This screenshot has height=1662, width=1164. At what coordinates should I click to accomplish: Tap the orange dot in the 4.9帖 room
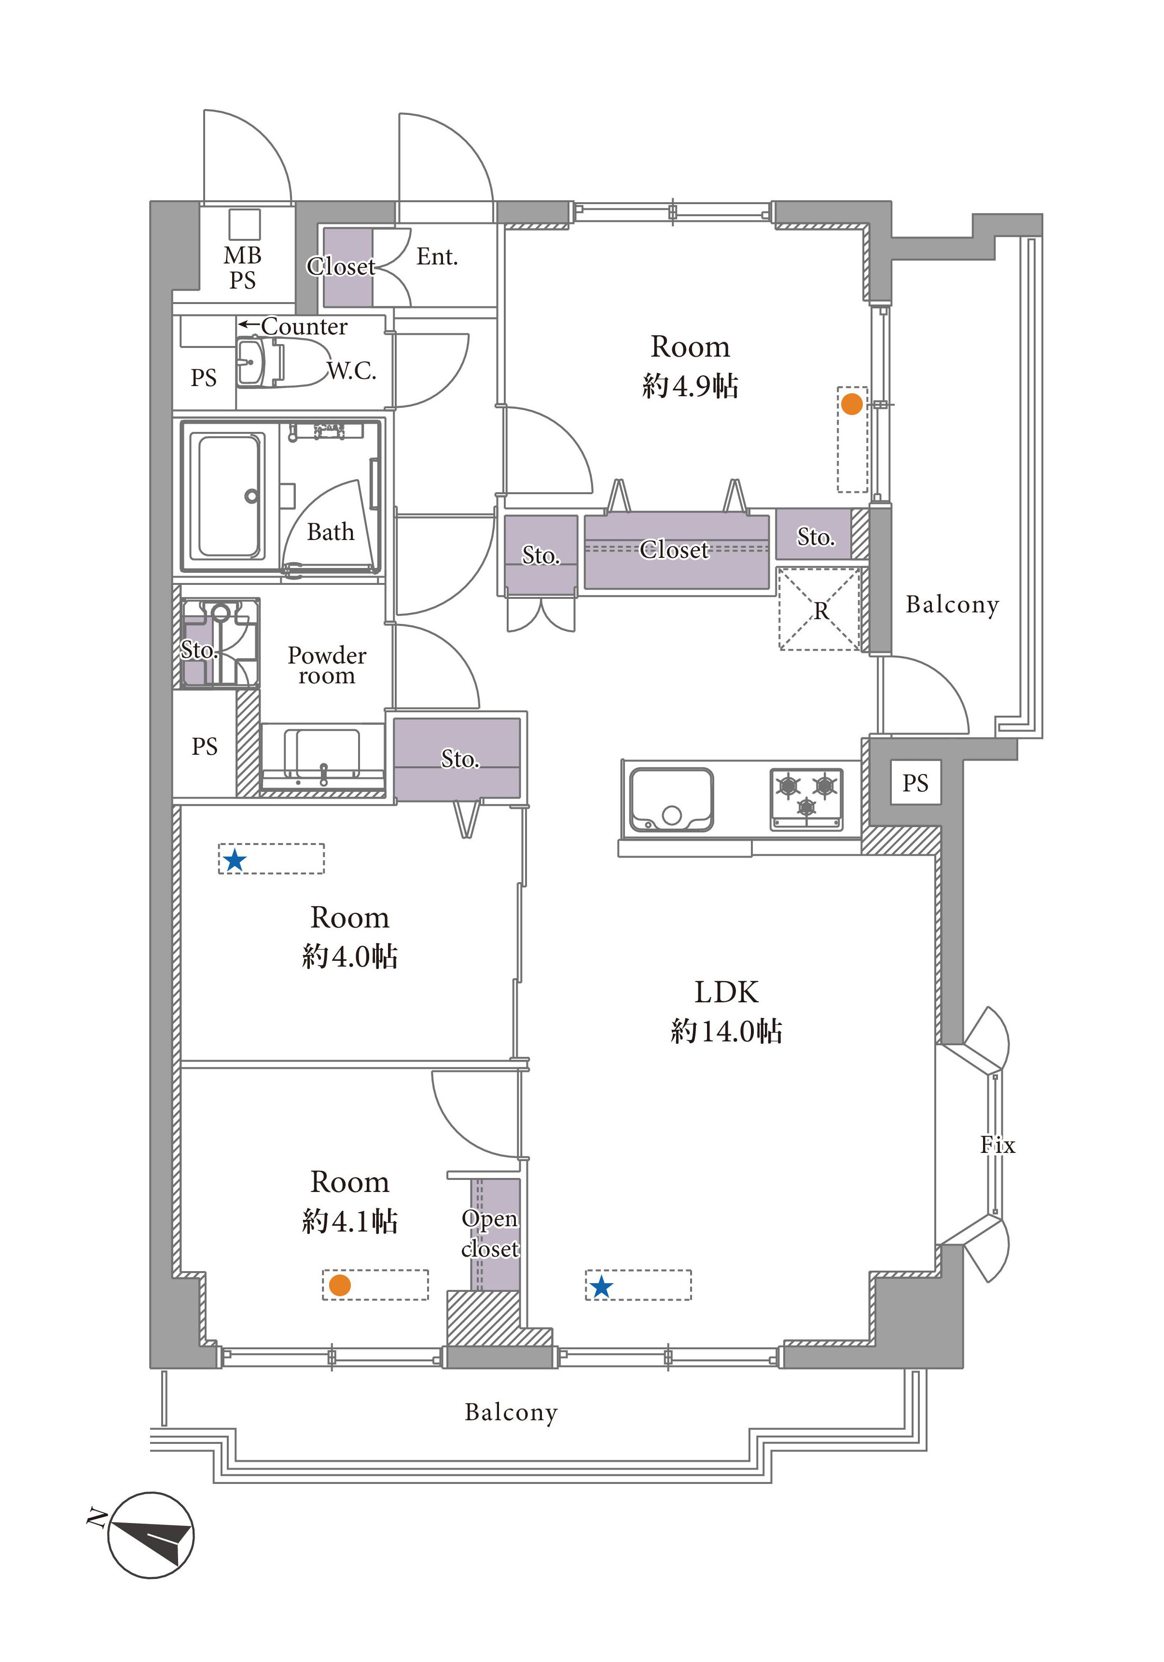852,404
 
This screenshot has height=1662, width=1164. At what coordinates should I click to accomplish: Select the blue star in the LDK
601,1287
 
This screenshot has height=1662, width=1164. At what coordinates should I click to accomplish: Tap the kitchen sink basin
671,800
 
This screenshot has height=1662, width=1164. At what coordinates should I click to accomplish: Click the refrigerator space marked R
819,609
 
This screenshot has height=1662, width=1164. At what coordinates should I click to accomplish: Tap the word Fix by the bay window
998,1145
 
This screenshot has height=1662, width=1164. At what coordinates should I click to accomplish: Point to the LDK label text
727,992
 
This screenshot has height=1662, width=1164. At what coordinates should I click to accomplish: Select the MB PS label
242,267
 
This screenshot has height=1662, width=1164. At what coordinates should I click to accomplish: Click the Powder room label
327,665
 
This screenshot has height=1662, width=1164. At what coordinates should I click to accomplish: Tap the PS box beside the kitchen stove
915,783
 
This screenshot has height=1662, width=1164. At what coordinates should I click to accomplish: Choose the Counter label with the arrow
293,326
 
